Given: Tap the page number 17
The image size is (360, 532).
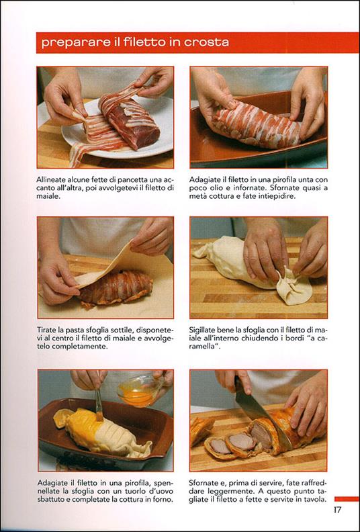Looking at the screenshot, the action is [x=337, y=510].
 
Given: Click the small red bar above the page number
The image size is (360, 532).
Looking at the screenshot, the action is [x=347, y=498].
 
